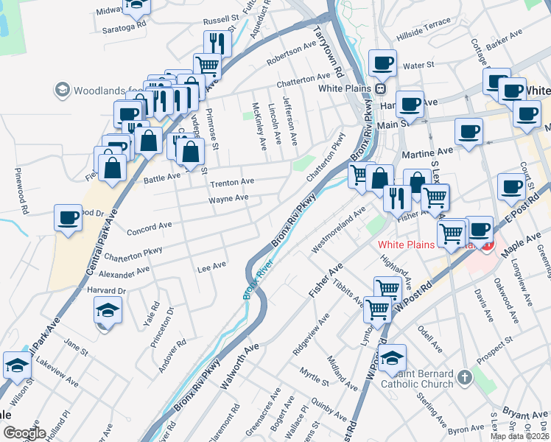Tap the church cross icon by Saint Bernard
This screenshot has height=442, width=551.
[464, 378]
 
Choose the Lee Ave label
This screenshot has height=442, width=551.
[211, 268]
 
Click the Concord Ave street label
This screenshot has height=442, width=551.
[149, 228]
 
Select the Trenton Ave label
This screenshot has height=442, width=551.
[232, 181]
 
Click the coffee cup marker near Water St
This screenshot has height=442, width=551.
[382, 63]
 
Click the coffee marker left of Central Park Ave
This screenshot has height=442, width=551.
[68, 218]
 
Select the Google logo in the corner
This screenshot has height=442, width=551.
[24, 433]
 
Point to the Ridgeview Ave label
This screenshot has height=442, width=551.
[312, 337]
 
